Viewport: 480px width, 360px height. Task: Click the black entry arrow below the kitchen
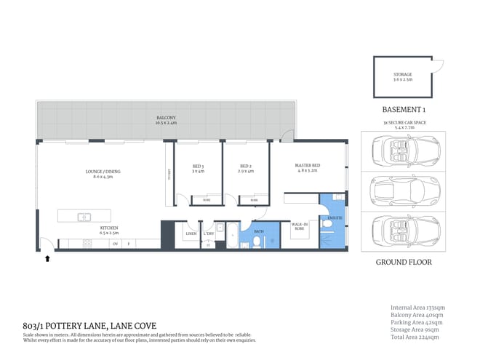(49, 257)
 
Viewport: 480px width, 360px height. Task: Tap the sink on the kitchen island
(85, 217)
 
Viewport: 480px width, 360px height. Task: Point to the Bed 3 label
(198, 169)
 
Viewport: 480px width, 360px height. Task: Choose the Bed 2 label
(246, 169)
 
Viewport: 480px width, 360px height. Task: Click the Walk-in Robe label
(300, 228)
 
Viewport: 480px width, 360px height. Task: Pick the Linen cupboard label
(191, 233)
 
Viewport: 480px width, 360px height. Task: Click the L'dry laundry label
(209, 233)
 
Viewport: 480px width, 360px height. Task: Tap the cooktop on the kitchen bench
(114, 244)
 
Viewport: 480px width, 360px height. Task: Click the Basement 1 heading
(402, 109)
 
